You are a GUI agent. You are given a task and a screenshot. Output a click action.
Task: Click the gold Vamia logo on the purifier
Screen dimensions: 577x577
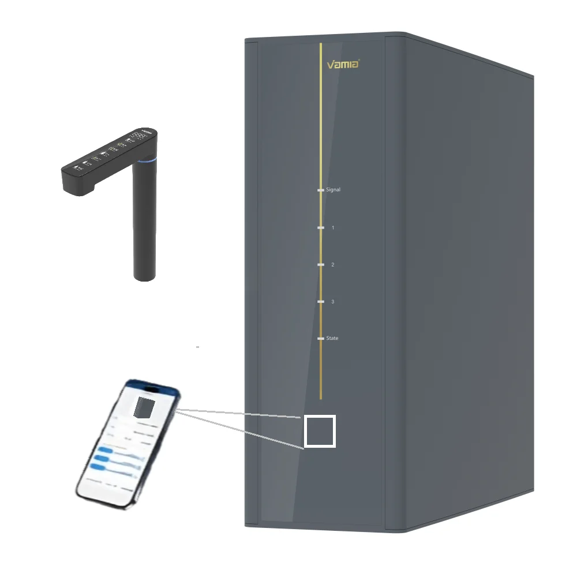coord(343,64)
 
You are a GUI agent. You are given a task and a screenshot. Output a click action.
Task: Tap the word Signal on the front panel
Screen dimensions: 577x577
coord(334,189)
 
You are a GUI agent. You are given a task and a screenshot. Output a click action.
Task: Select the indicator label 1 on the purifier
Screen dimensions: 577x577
coord(333,228)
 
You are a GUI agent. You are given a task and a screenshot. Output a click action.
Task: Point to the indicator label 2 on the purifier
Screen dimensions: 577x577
coord(333,265)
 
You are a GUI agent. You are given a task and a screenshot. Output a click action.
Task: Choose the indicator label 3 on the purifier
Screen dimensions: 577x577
coord(333,302)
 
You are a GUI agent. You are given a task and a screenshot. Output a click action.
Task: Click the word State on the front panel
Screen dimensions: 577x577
coord(332,338)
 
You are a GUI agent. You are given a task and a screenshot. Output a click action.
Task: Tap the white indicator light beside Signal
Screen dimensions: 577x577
coord(321,189)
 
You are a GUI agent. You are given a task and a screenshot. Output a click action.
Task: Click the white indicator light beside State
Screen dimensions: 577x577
coord(321,338)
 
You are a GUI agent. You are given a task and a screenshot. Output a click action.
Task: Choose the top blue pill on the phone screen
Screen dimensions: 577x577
coord(106,450)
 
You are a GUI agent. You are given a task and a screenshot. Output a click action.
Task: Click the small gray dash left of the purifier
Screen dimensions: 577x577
coord(198,347)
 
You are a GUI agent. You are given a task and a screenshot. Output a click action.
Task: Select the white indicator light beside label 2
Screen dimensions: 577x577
coord(321,265)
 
